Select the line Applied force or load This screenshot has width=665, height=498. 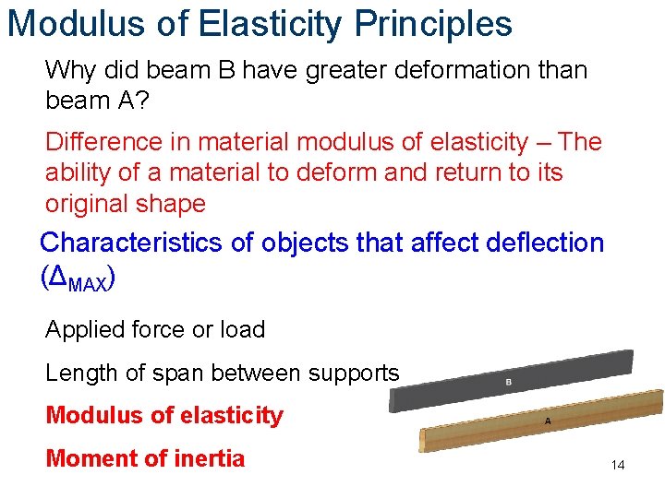pyautogui.click(x=155, y=329)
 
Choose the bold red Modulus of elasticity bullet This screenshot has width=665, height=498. pyautogui.click(x=164, y=416)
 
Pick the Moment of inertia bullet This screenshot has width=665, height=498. pyautogui.click(x=145, y=458)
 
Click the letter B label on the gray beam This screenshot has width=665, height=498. pyautogui.click(x=508, y=382)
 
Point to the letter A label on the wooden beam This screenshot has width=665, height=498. pyautogui.click(x=548, y=421)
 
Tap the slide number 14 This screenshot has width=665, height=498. pyautogui.click(x=617, y=466)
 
